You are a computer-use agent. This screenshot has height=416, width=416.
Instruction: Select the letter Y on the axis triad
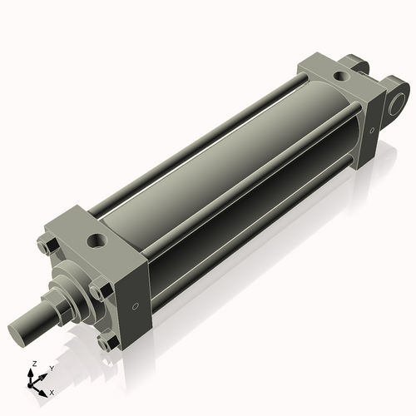coord(51,368)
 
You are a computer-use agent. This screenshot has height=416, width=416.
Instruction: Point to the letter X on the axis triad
coord(52,391)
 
